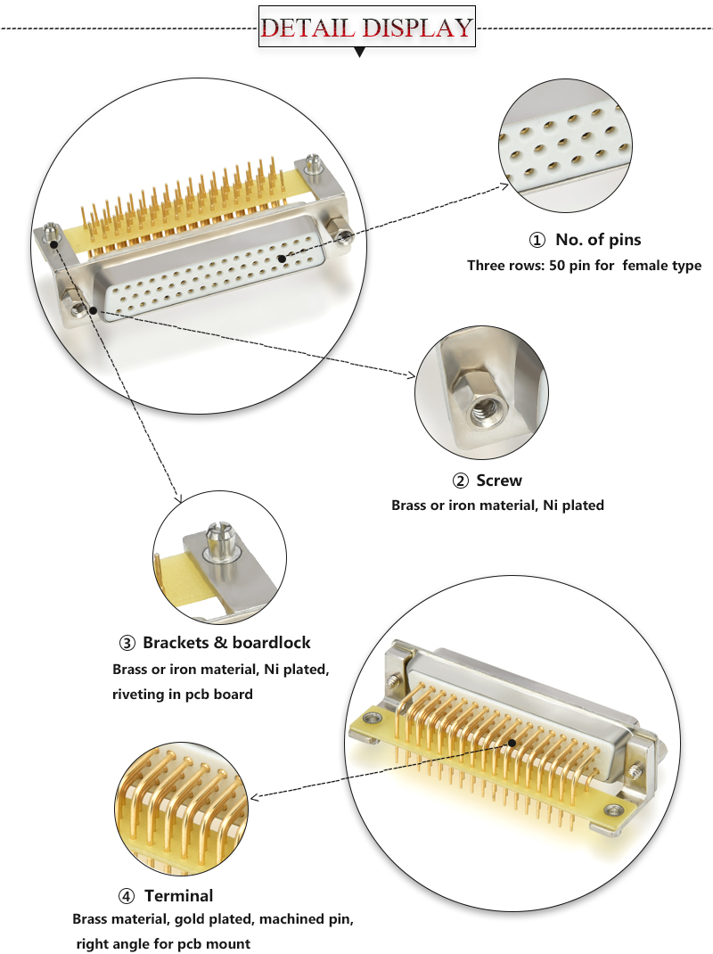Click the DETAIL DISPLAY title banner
click(366, 27)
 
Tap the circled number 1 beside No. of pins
click(537, 240)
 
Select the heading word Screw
click(499, 481)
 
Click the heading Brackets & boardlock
click(226, 643)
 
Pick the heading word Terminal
click(178, 895)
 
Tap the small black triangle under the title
click(360, 53)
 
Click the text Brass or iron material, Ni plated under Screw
click(497, 506)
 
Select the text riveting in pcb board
click(183, 694)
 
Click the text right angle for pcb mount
click(163, 943)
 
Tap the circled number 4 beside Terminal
click(127, 895)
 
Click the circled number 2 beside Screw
click(461, 481)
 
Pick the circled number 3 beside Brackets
click(127, 643)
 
